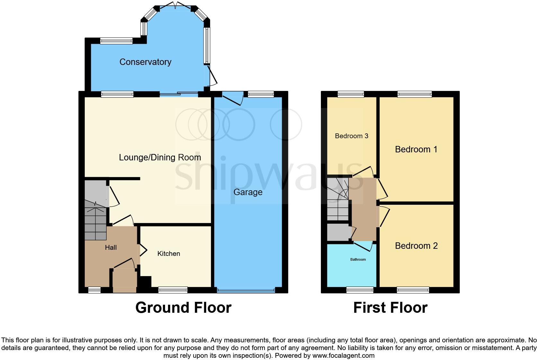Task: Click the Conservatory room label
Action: pyautogui.click(x=145, y=62)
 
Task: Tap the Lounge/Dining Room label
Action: pyautogui.click(x=160, y=157)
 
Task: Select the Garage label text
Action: pyautogui.click(x=248, y=192)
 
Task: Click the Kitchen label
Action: pyautogui.click(x=169, y=254)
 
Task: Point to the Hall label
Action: pyautogui.click(x=111, y=248)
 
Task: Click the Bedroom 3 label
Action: pyautogui.click(x=351, y=136)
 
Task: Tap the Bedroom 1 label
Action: pyautogui.click(x=416, y=149)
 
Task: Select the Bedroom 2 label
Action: pyautogui.click(x=416, y=246)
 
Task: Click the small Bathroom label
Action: pyautogui.click(x=358, y=259)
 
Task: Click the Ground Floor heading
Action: pyautogui.click(x=183, y=308)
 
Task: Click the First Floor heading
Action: pyautogui.click(x=390, y=308)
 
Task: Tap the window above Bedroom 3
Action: pyautogui.click(x=351, y=94)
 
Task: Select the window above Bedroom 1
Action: pyautogui.click(x=414, y=94)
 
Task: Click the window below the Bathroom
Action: pyautogui.click(x=360, y=290)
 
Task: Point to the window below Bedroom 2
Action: pyautogui.click(x=413, y=290)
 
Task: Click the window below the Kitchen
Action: pyautogui.click(x=173, y=290)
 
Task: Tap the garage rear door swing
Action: pyautogui.click(x=233, y=98)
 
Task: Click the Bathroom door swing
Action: pyautogui.click(x=365, y=246)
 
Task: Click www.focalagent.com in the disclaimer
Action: pyautogui.click(x=343, y=355)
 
